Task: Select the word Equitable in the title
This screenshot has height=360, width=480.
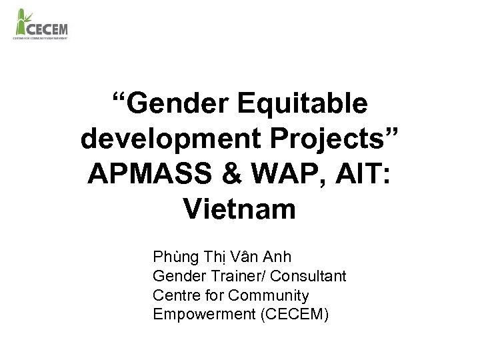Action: pos(303,104)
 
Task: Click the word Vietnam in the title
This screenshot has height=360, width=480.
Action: pos(239,210)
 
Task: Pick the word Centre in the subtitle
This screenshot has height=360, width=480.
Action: pos(175,295)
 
